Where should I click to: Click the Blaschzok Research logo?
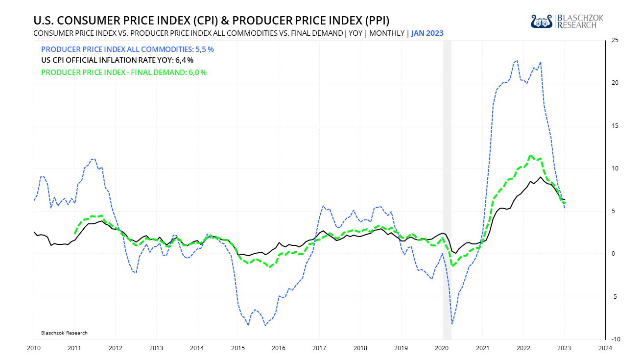567,21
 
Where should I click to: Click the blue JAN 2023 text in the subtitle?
427,33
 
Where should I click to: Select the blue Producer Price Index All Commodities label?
127,49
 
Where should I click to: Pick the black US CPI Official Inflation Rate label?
117,61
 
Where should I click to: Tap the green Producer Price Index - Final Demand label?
123,72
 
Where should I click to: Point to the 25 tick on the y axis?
615,41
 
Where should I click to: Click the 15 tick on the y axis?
615,126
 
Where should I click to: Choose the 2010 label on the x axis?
34,348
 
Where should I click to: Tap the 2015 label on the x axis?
237,348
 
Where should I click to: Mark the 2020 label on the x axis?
442,348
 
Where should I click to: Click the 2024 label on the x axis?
605,348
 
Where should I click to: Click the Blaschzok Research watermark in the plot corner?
64,333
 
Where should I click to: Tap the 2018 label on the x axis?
360,348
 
